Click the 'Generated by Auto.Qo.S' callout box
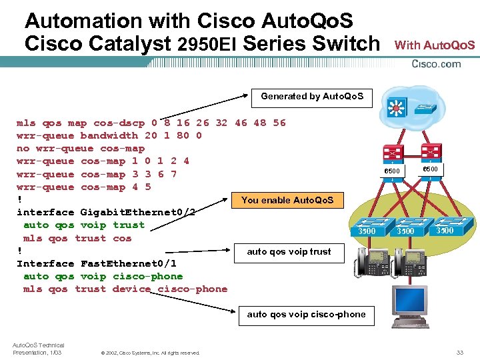click(312, 97)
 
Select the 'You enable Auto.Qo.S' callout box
click(288, 200)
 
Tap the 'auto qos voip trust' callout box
click(289, 252)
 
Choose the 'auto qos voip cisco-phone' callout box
click(306, 315)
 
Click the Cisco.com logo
click(437, 64)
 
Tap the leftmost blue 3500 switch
click(367, 228)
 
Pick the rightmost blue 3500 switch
click(445, 227)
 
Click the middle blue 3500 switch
click(405, 228)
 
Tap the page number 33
click(459, 352)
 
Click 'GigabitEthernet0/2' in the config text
click(137, 213)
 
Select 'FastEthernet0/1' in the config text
click(127, 264)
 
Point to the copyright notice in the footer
click(150, 353)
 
